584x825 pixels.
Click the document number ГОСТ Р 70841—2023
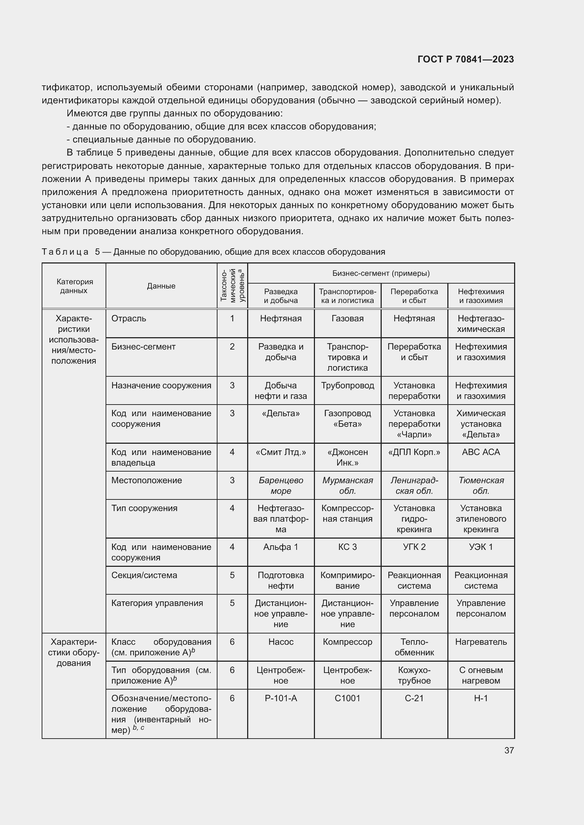pyautogui.click(x=466, y=59)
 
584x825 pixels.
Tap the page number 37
pyautogui.click(x=509, y=750)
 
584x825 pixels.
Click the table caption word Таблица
pyautogui.click(x=65, y=252)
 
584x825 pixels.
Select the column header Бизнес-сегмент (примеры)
pyautogui.click(x=381, y=273)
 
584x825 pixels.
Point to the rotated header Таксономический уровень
pyautogui.click(x=232, y=286)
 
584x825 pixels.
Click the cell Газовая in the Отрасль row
pyautogui.click(x=347, y=319)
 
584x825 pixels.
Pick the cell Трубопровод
pyautogui.click(x=347, y=386)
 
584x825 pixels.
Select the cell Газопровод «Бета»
pyautogui.click(x=347, y=419)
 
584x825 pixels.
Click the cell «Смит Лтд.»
pyautogui.click(x=280, y=452)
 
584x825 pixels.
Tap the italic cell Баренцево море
pyautogui.click(x=280, y=485)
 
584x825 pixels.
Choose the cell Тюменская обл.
pyautogui.click(x=481, y=485)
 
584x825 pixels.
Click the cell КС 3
pyautogui.click(x=347, y=547)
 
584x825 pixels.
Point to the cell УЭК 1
pyautogui.click(x=481, y=547)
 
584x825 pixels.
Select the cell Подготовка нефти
pyautogui.click(x=280, y=580)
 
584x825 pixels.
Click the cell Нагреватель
pyautogui.click(x=481, y=642)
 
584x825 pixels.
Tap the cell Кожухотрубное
pyautogui.click(x=414, y=675)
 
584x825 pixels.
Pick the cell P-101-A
pyautogui.click(x=280, y=698)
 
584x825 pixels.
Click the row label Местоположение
pyautogui.click(x=147, y=480)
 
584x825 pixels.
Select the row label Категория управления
pyautogui.click(x=157, y=603)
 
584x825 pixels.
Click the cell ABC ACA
pyautogui.click(x=481, y=452)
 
